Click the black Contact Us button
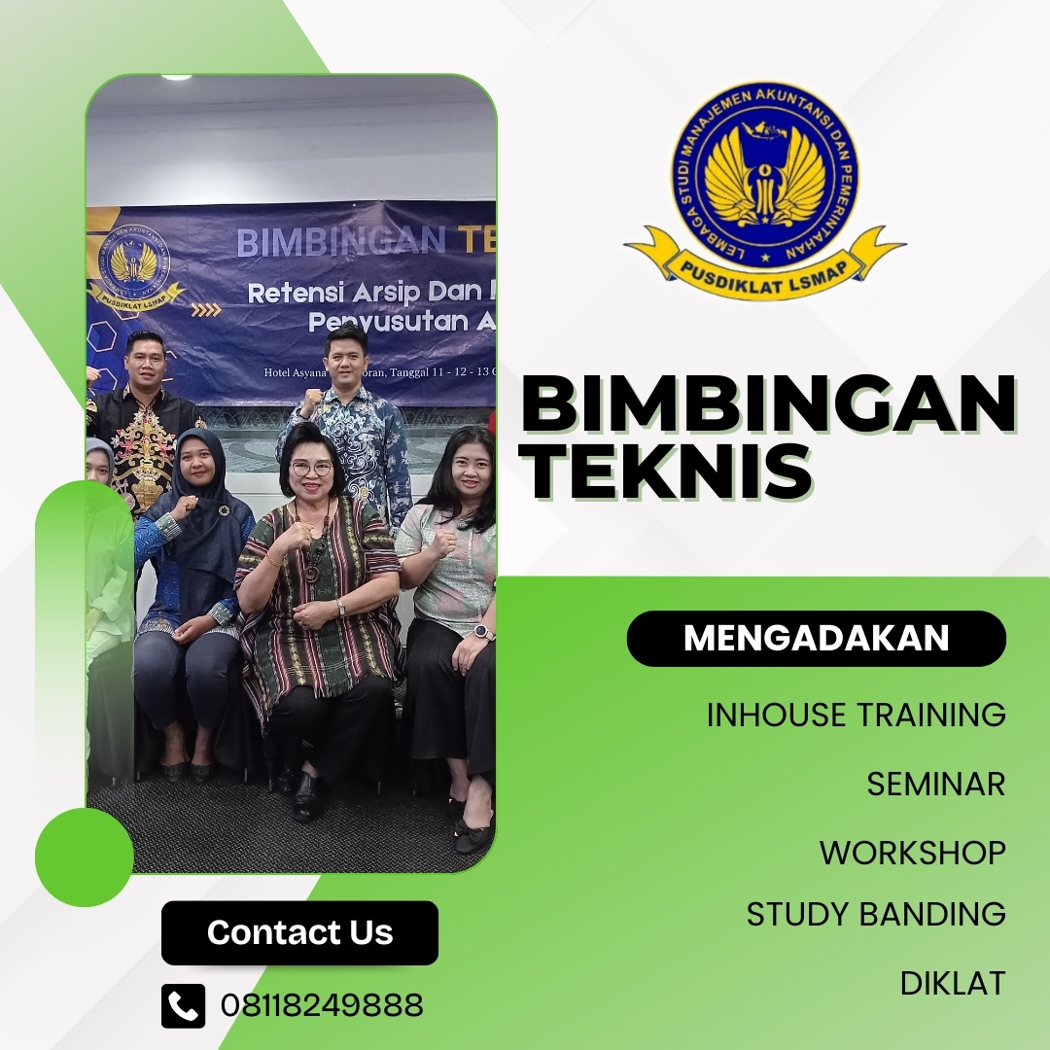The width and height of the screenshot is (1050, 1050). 299,932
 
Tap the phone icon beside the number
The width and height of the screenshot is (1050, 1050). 184,1005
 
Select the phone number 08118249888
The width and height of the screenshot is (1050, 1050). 322,1005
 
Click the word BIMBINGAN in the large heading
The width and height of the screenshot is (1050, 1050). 768,406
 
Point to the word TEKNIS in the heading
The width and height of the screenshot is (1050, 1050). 667,472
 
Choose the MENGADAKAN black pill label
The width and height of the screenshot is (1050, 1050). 816,638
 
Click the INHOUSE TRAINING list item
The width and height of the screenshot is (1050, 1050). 856,715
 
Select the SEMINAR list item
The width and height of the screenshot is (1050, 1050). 935,784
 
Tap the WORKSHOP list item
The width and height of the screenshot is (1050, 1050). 912,853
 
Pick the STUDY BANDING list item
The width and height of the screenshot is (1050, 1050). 876,914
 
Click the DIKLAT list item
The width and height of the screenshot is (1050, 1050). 952,983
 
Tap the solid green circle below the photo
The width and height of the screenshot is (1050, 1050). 85,857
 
